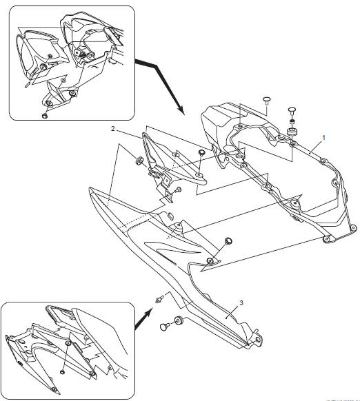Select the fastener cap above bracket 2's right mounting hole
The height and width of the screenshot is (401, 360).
coord(201,153)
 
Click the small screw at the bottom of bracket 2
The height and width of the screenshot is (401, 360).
coord(177,189)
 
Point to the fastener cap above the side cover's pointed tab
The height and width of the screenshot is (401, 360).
coord(228,242)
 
